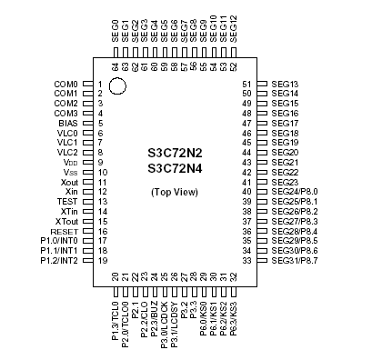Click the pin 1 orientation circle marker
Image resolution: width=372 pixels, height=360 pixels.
click(118, 87)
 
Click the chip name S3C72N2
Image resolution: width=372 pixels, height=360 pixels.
click(175, 154)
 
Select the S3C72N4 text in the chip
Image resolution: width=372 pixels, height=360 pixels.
click(175, 168)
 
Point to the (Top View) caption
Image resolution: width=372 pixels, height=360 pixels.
click(175, 193)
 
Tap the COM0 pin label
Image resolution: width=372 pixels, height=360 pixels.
click(65, 84)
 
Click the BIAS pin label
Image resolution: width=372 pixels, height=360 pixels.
click(67, 123)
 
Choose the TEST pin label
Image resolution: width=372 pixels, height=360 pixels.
click(66, 201)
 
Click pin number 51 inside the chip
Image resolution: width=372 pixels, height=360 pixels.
click(246, 84)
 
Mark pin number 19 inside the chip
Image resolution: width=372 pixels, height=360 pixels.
click(102, 260)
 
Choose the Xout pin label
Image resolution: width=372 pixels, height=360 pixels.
click(66, 182)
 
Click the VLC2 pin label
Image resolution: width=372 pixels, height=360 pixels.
click(66, 152)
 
